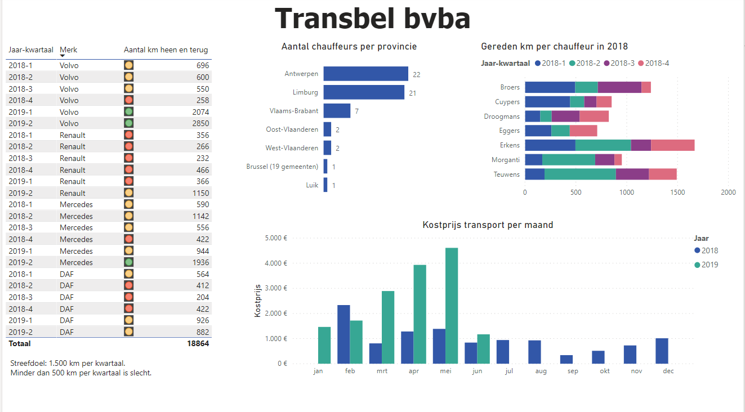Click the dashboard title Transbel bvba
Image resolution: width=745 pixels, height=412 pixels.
pyautogui.click(x=372, y=19)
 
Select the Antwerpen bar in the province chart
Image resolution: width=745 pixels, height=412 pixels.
pyautogui.click(x=365, y=74)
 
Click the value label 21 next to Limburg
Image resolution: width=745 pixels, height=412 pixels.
pyautogui.click(x=413, y=93)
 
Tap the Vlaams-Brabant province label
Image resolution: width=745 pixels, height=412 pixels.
pyautogui.click(x=293, y=111)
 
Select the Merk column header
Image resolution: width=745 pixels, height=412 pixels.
pyautogui.click(x=69, y=50)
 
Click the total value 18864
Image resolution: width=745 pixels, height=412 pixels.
pyautogui.click(x=198, y=343)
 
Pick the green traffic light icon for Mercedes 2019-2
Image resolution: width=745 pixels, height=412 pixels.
pyautogui.click(x=128, y=262)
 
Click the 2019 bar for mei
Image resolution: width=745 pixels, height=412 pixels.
pyautogui.click(x=452, y=306)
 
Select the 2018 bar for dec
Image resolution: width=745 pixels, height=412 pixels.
pyautogui.click(x=662, y=351)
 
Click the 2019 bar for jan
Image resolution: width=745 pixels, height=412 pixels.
pyautogui.click(x=324, y=345)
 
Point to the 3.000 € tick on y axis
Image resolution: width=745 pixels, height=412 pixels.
pyautogui.click(x=276, y=288)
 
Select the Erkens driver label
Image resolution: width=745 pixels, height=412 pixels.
pyautogui.click(x=510, y=145)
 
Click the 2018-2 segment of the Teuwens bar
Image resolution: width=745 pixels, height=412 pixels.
pyautogui.click(x=580, y=174)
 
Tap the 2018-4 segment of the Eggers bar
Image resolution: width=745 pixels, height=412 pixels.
pyautogui.click(x=583, y=131)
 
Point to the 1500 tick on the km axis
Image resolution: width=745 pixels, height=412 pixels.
pyautogui.click(x=677, y=192)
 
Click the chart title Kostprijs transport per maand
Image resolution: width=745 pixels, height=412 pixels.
pyautogui.click(x=488, y=225)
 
